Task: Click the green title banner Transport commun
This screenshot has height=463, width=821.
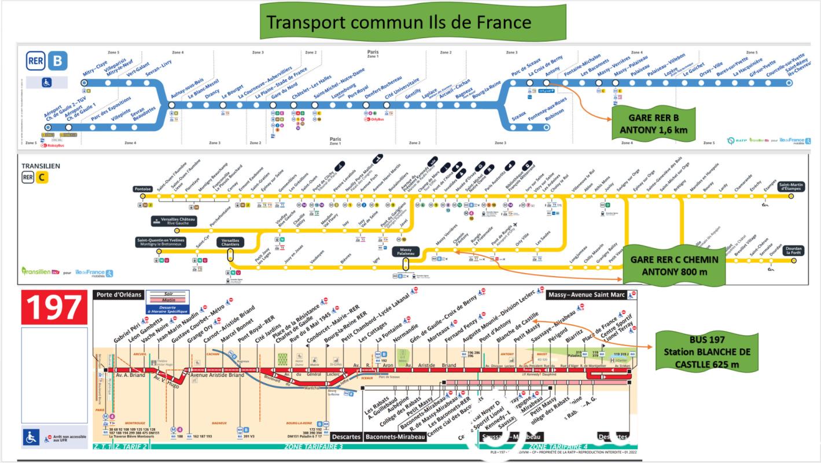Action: click(399, 22)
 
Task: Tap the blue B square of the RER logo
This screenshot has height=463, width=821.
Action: click(57, 61)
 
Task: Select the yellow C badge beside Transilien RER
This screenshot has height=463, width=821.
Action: click(42, 178)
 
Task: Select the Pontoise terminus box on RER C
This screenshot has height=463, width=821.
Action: click(142, 189)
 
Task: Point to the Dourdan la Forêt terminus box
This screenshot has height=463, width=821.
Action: click(794, 251)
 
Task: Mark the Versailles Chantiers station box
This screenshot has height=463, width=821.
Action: click(230, 242)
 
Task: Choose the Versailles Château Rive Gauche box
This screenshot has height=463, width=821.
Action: click(174, 221)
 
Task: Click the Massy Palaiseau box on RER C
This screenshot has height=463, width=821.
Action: click(406, 252)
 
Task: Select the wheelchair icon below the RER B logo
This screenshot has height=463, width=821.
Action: click(47, 83)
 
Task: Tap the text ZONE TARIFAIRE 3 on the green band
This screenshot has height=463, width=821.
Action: click(314, 447)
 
